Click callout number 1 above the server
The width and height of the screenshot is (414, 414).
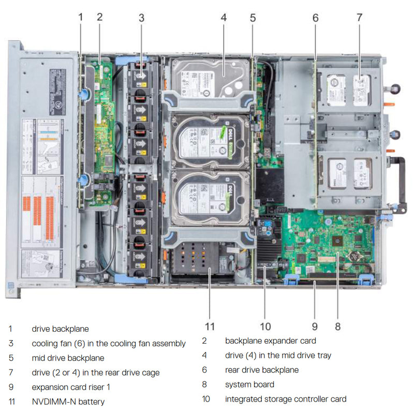[x=80, y=17]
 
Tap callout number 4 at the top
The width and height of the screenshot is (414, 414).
[x=224, y=17]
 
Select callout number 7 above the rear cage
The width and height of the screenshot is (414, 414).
[x=359, y=17]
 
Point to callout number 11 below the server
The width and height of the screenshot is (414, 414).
[x=209, y=326]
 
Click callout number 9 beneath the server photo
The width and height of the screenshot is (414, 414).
[x=315, y=326]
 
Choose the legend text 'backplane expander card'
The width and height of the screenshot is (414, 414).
[x=270, y=341]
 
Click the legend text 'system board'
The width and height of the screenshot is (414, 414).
[x=249, y=384]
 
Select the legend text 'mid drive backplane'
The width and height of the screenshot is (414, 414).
[x=68, y=358]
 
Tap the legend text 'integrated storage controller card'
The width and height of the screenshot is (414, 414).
[x=286, y=398]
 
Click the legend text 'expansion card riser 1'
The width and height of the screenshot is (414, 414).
[x=71, y=387]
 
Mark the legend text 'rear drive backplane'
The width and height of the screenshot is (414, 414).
[x=262, y=369]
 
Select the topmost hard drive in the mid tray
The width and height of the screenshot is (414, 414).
[x=210, y=78]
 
